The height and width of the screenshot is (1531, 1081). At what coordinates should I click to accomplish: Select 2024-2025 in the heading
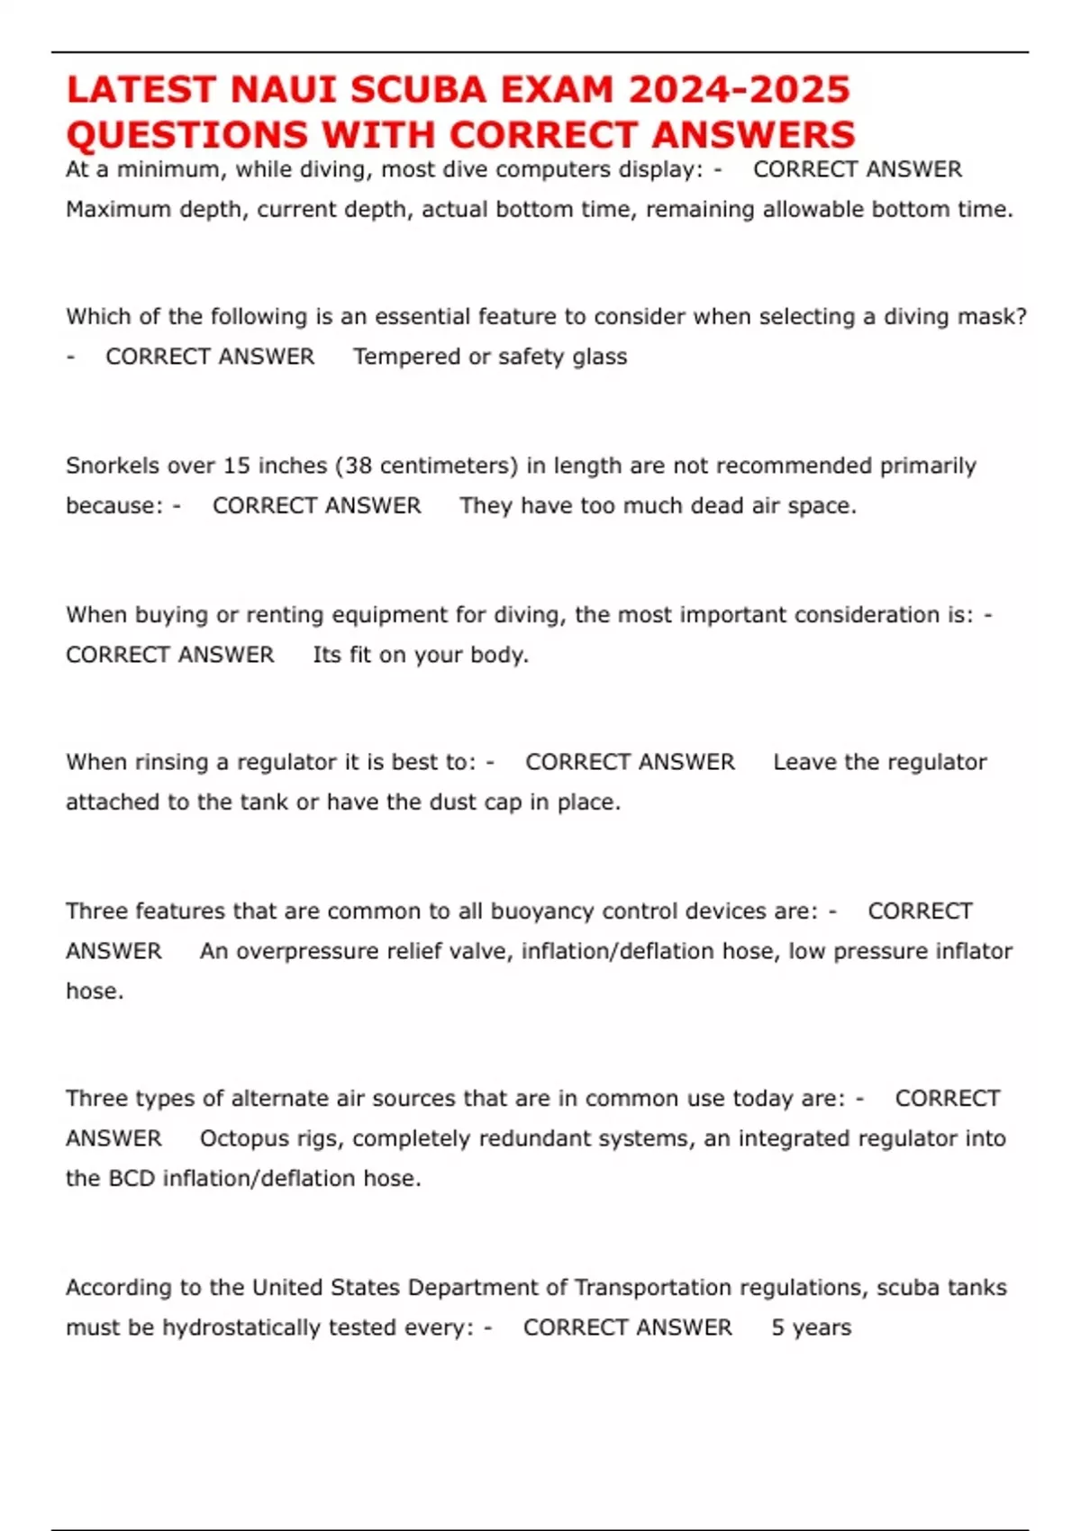point(739,90)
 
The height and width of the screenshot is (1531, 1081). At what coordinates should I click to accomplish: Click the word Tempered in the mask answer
point(406,357)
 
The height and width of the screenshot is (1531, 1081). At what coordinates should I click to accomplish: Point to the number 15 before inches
point(236,466)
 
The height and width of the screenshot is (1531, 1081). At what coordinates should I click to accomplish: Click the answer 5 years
point(811,1327)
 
